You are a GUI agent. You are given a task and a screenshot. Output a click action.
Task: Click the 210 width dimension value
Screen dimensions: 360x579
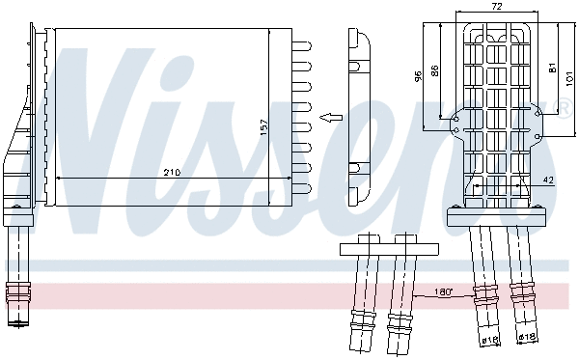[172, 172]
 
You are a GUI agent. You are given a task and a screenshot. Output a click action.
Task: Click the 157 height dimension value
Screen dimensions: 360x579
[262, 126]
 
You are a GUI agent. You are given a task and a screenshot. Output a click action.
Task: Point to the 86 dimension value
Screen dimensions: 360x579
[436, 69]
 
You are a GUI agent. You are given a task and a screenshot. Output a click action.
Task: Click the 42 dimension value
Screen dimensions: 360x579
[548, 180]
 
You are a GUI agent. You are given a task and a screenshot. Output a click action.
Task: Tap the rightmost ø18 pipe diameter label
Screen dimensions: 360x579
[526, 337]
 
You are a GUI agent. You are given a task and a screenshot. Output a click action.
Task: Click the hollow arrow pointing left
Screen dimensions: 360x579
[330, 119]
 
